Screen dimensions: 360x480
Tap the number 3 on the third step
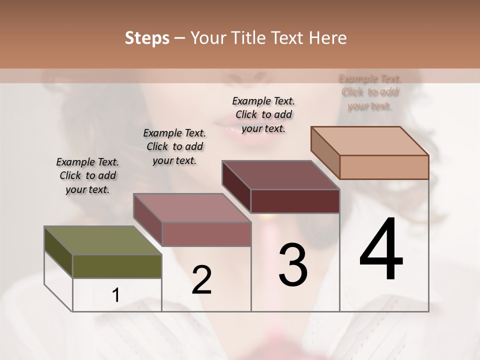coord(293,264)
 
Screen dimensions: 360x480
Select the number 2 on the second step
coord(201,280)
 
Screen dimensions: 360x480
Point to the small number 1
coord(116,295)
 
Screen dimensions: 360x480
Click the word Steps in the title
coord(146,38)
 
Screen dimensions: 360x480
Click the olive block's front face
coord(117,266)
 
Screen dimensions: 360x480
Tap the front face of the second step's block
coord(206,234)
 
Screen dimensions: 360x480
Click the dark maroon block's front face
coord(295,201)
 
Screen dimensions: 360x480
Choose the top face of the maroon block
coord(280,175)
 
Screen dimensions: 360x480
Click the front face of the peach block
coord(384,167)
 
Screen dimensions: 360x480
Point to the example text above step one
coord(87,175)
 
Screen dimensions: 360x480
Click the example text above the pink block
coord(174,146)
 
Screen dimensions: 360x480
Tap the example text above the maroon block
coord(263,114)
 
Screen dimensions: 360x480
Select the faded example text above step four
coord(370,92)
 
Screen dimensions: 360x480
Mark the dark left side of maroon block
coord(236,187)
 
